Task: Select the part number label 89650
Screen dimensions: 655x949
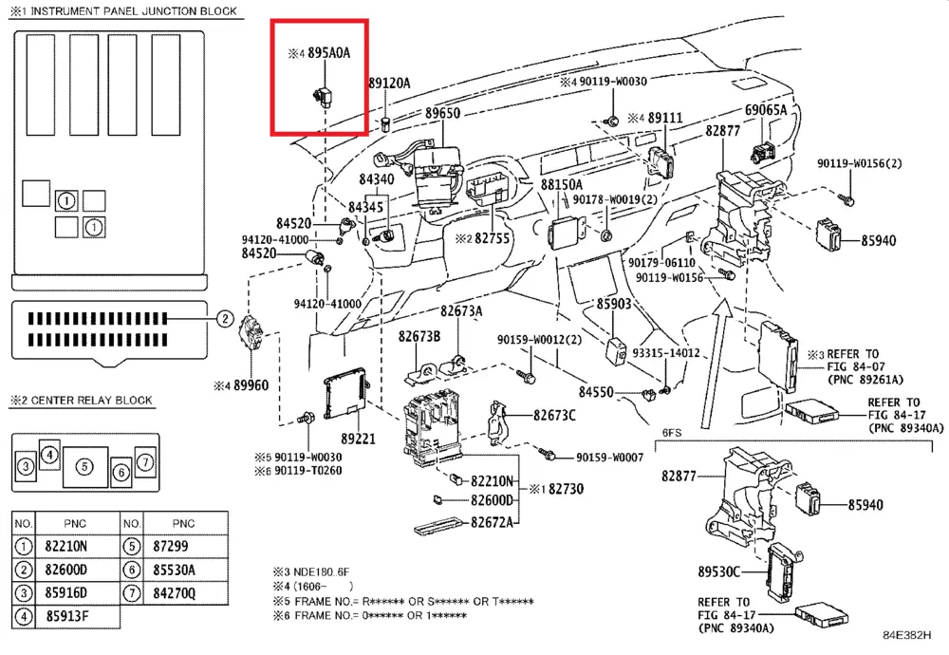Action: pos(442,113)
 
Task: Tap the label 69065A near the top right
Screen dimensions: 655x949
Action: pos(766,110)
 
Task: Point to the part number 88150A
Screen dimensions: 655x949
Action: pos(562,183)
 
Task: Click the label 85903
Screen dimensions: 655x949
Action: pos(614,304)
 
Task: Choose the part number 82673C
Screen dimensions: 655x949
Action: pos(554,415)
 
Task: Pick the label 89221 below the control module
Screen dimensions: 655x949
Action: pos(359,440)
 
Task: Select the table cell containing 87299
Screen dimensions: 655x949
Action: pos(171,546)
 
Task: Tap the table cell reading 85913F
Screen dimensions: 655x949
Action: pos(66,616)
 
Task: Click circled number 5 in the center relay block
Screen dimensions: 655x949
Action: pos(84,466)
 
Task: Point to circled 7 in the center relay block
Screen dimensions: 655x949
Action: pos(145,461)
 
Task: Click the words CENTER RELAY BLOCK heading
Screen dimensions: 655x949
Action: pos(91,401)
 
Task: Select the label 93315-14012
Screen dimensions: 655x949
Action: pos(666,353)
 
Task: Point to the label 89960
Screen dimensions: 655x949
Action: pos(251,385)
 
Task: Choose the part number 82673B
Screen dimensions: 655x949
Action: pos(419,336)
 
